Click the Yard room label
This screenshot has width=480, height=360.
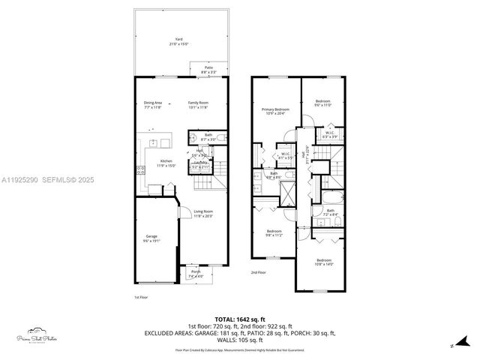click(179, 40)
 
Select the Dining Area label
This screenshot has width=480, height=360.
click(153, 104)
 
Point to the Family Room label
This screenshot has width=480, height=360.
click(198, 104)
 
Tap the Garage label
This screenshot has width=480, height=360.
click(152, 238)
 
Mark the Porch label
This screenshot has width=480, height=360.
click(196, 273)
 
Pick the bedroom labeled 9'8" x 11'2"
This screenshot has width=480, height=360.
click(274, 232)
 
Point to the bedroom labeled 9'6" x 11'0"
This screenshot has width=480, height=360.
click(322, 103)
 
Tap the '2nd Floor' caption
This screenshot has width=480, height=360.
click(258, 272)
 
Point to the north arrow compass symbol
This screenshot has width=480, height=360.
click(453, 346)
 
